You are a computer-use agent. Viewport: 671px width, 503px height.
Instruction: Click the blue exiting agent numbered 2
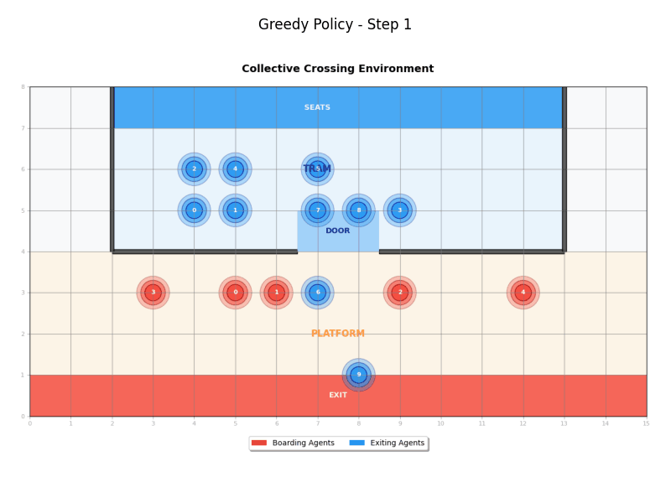194,169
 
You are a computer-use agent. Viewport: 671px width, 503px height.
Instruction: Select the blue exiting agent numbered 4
235,169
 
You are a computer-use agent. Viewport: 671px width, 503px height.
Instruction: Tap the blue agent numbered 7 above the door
317,210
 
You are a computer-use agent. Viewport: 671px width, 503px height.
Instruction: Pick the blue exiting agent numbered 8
358,210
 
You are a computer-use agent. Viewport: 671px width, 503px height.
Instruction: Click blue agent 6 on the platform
317,292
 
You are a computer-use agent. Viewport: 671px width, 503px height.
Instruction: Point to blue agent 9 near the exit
358,374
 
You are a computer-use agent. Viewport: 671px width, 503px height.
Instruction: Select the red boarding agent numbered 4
523,292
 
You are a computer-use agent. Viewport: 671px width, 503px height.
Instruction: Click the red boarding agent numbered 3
153,292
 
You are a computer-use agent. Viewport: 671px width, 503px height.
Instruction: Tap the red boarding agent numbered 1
276,292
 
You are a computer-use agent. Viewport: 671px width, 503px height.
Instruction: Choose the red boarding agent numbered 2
399,292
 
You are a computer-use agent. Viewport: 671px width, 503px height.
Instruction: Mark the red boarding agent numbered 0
235,292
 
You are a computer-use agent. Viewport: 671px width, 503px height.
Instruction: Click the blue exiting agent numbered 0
194,210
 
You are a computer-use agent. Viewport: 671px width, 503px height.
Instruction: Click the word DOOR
338,231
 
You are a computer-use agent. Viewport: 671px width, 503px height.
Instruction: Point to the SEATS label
317,107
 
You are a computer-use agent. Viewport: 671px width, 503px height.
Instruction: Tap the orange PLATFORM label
338,334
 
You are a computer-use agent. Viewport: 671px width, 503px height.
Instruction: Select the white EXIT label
338,395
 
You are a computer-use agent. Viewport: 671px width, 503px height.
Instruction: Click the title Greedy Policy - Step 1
335,25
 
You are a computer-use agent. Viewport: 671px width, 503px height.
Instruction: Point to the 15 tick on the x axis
646,423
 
